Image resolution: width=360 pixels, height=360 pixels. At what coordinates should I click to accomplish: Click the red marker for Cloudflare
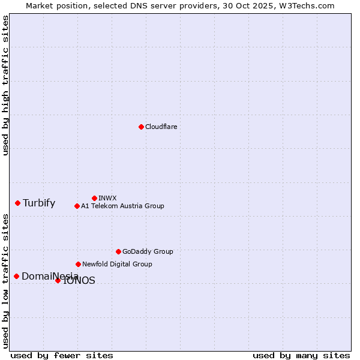(141, 127)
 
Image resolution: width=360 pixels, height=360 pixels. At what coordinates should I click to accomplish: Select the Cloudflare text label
(161, 127)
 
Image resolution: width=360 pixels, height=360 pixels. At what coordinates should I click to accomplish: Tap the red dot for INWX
(94, 198)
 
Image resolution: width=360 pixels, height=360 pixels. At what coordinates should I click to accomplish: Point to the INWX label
(107, 198)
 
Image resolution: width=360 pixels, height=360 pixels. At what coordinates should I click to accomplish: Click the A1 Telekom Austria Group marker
(77, 206)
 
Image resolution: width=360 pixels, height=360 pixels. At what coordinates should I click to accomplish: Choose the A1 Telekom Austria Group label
(122, 206)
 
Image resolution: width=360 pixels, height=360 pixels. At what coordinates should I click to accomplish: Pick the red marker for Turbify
(17, 203)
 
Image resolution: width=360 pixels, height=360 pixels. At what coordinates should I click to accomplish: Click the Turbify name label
(39, 203)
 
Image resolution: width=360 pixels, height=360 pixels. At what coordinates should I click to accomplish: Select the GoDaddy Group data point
(118, 251)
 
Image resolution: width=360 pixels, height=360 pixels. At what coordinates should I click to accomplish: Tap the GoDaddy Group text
(148, 251)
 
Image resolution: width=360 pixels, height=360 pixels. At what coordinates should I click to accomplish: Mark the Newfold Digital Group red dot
(78, 264)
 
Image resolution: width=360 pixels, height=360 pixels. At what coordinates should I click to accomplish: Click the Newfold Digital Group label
(117, 264)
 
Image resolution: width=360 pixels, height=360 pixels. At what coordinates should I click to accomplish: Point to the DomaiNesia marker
(16, 276)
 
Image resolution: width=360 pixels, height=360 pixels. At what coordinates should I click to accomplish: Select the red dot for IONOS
(58, 280)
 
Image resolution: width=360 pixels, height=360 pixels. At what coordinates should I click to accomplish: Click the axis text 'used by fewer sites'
(62, 355)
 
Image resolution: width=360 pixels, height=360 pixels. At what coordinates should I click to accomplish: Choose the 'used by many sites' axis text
(301, 355)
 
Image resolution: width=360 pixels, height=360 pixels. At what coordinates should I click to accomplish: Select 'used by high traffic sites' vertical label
(5, 85)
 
